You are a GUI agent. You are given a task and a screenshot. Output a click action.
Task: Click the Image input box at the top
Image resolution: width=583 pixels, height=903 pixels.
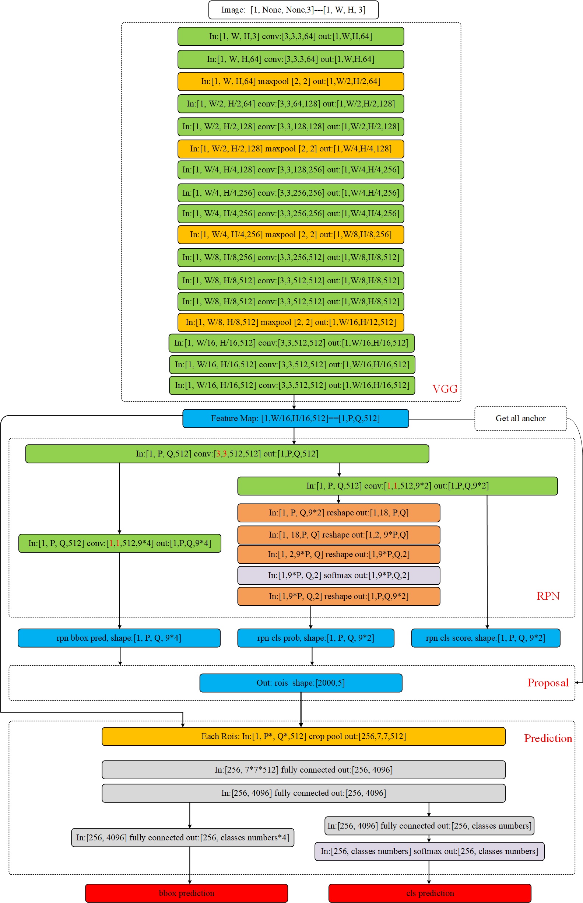click(x=294, y=10)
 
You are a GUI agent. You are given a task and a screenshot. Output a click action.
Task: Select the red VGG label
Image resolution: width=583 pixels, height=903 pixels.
click(x=445, y=389)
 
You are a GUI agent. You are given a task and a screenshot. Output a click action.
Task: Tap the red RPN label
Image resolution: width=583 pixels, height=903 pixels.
click(x=548, y=596)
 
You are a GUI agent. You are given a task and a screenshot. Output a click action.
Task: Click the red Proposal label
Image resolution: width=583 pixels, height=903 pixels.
click(x=548, y=683)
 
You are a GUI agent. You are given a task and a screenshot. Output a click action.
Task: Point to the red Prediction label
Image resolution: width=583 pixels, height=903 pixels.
click(x=548, y=738)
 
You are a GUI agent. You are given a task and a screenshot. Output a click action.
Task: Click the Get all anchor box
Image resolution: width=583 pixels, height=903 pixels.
click(x=520, y=419)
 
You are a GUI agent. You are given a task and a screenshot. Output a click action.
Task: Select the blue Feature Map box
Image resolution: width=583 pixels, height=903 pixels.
click(x=296, y=419)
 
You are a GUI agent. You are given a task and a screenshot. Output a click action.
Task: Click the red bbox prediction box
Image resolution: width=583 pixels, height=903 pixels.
click(x=187, y=893)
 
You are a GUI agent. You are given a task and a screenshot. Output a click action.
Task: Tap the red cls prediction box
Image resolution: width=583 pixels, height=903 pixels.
click(x=430, y=893)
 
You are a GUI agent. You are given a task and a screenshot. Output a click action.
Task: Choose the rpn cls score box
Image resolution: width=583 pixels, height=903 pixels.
click(x=486, y=638)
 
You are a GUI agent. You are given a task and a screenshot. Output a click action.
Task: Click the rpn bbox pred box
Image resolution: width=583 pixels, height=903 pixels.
click(x=119, y=638)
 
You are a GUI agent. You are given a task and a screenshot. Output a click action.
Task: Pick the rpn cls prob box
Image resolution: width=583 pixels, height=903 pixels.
click(x=316, y=638)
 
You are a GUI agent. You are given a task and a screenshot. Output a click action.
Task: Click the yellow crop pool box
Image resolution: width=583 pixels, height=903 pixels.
click(x=303, y=736)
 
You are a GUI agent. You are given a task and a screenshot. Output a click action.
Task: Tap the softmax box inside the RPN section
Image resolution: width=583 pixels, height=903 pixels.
click(x=339, y=575)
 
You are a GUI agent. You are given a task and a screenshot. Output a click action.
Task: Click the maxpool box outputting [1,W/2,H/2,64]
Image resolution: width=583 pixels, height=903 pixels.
click(x=291, y=81)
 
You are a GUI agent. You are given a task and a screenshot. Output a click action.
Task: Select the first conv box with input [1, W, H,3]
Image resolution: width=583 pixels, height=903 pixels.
click(x=291, y=36)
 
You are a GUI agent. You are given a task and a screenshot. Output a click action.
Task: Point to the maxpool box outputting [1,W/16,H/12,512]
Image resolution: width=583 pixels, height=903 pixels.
click(x=291, y=322)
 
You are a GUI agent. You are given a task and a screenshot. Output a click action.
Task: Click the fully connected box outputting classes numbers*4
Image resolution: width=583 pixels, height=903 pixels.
click(x=183, y=837)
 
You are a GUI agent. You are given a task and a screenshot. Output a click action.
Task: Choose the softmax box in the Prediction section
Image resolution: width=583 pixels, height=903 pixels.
click(x=430, y=851)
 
